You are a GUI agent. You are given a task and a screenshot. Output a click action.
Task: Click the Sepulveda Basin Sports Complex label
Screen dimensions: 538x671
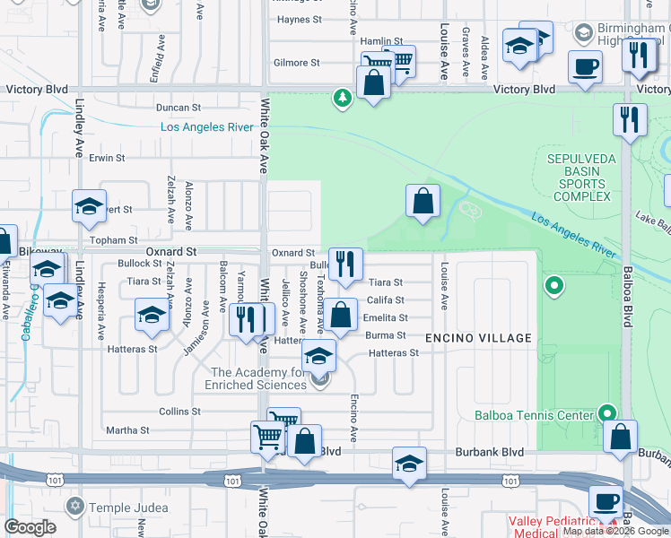point(579,178)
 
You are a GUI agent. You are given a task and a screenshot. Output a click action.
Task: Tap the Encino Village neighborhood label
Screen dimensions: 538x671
point(478,338)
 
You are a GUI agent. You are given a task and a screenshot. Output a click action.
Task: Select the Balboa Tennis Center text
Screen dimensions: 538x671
point(535,415)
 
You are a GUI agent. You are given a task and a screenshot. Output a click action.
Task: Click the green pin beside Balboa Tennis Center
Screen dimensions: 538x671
point(607,412)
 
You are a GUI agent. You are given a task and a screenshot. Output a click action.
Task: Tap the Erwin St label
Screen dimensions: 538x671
point(107,158)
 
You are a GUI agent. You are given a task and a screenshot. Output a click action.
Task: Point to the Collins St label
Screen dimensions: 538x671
point(179,412)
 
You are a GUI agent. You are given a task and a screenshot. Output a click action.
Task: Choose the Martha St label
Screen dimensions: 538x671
point(127,430)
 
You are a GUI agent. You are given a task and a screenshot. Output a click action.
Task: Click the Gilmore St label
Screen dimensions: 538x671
point(297,63)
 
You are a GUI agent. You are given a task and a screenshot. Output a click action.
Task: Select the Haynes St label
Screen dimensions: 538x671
point(300,20)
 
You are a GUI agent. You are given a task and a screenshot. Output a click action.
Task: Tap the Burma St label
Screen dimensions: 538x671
point(387,335)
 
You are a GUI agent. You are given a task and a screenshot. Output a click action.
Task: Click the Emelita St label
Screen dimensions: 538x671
point(386,317)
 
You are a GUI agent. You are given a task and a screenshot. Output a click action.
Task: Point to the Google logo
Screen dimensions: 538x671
point(30,527)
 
